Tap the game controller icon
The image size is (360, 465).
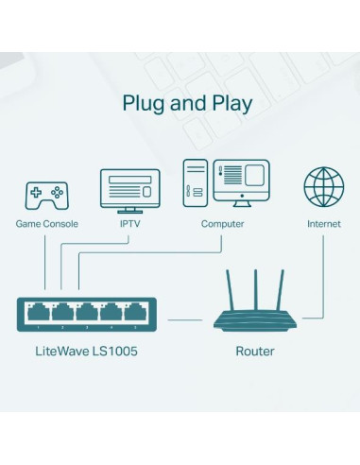(x=45, y=196)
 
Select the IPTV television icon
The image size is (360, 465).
(x=129, y=190)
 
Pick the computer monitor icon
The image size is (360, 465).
(x=241, y=181)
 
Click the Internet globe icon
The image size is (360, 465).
(x=323, y=187)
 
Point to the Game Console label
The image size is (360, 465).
(x=46, y=225)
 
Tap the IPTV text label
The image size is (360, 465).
(x=129, y=225)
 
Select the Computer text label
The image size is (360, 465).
(x=222, y=225)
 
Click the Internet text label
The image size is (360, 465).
(x=323, y=225)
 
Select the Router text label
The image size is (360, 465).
(x=254, y=352)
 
